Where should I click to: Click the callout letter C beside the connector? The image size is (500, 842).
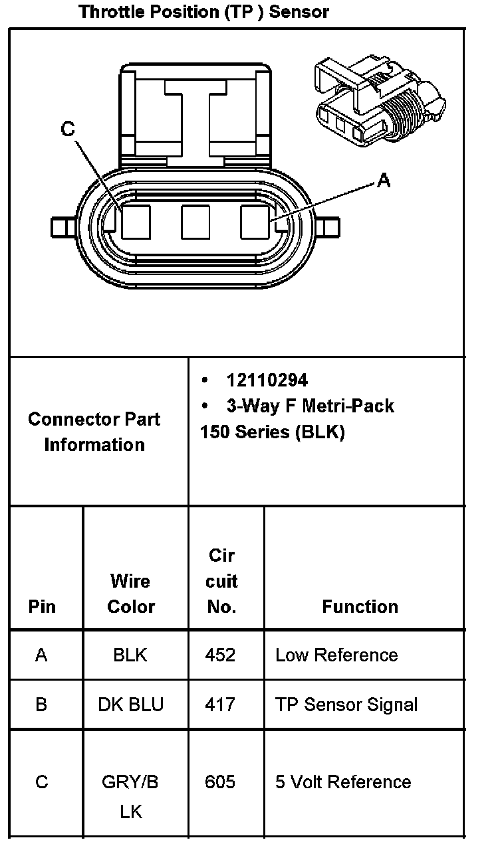[68, 129]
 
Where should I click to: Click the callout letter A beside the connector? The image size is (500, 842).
[384, 179]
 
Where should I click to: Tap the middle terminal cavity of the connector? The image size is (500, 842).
[195, 222]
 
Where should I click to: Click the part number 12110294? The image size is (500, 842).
[267, 380]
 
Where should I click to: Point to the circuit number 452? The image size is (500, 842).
[220, 655]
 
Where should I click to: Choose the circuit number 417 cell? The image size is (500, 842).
[220, 705]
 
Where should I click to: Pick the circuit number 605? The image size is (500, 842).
[220, 782]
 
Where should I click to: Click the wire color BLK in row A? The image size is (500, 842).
[130, 655]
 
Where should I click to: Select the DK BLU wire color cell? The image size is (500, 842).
[130, 705]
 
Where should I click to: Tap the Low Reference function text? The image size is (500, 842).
[336, 655]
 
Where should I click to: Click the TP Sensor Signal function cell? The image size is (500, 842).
[346, 705]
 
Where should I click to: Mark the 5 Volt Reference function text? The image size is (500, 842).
[343, 782]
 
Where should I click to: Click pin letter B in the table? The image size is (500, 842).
[41, 705]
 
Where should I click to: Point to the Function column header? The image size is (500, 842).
[360, 606]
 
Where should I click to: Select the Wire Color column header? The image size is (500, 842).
[131, 594]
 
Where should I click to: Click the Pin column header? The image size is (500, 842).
[42, 607]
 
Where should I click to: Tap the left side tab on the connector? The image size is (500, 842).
[61, 227]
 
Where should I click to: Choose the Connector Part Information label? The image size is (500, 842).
[94, 432]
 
